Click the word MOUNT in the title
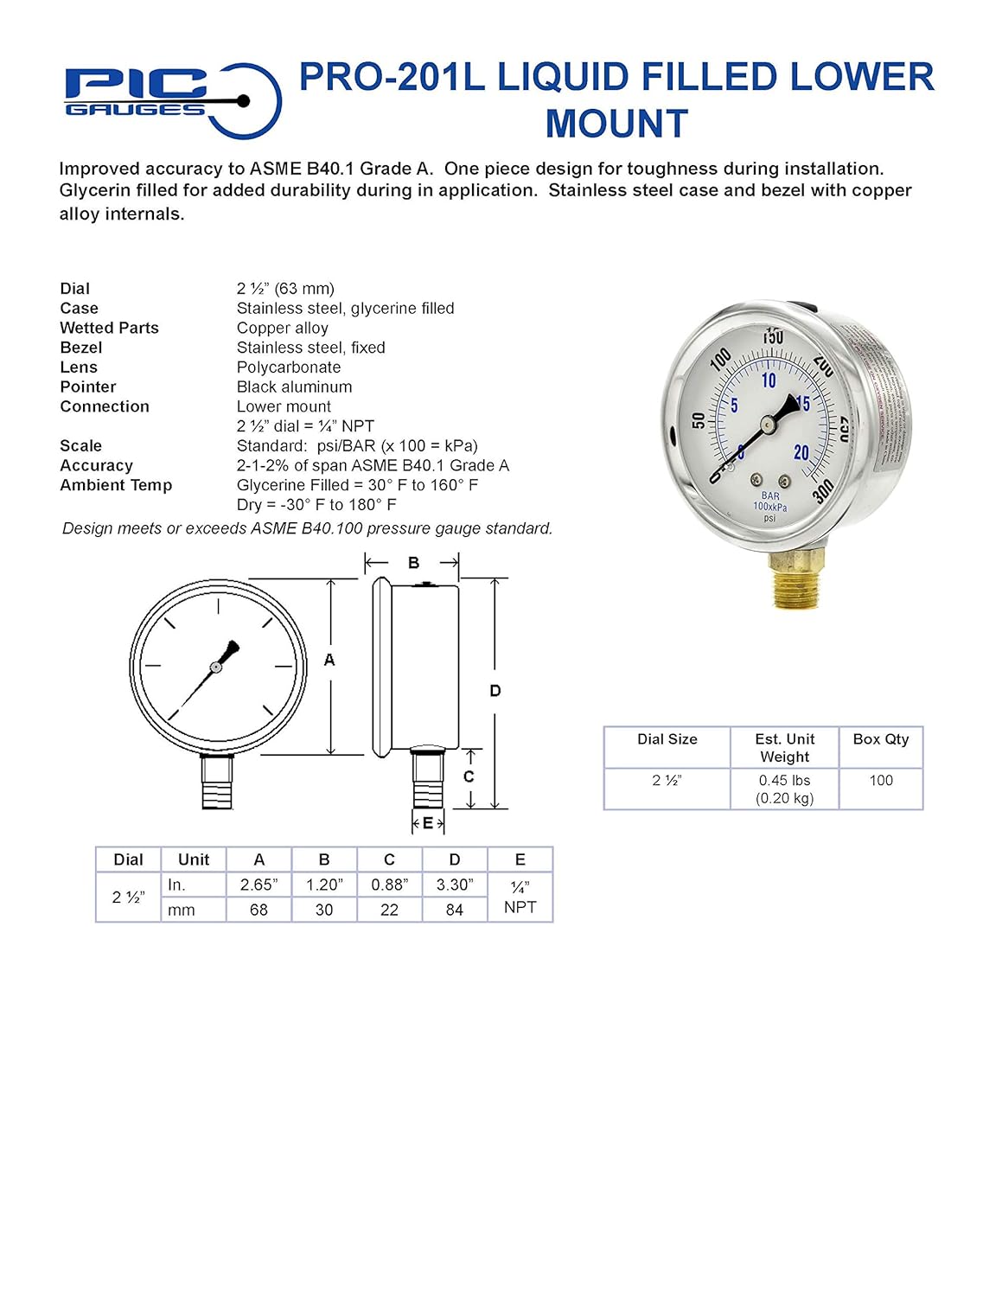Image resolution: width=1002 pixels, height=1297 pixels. point(616,124)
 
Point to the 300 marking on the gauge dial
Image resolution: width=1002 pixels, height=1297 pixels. point(823,491)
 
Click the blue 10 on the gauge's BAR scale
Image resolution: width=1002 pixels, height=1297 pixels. point(769,380)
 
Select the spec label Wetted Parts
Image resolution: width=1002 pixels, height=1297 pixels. point(109,328)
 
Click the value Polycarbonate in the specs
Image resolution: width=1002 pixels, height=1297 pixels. point(289,367)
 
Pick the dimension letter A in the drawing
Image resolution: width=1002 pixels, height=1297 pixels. point(329,660)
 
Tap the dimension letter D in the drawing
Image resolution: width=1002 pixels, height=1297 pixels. point(495,691)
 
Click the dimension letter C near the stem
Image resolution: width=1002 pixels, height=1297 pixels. point(469,776)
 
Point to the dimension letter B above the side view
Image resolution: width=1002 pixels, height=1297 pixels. point(413,563)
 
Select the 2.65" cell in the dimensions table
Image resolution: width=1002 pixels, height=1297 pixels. point(258,885)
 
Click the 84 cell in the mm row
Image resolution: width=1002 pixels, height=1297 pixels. point(455,910)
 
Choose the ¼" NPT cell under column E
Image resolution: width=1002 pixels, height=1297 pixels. point(520,898)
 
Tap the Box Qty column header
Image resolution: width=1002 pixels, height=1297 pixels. point(880,739)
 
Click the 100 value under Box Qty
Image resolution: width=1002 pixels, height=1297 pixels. point(880,780)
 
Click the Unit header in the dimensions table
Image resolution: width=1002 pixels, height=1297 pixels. point(194,859)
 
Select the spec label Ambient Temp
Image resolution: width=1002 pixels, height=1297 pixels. point(116,485)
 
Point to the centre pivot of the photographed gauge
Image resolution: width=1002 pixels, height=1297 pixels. point(767,423)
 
